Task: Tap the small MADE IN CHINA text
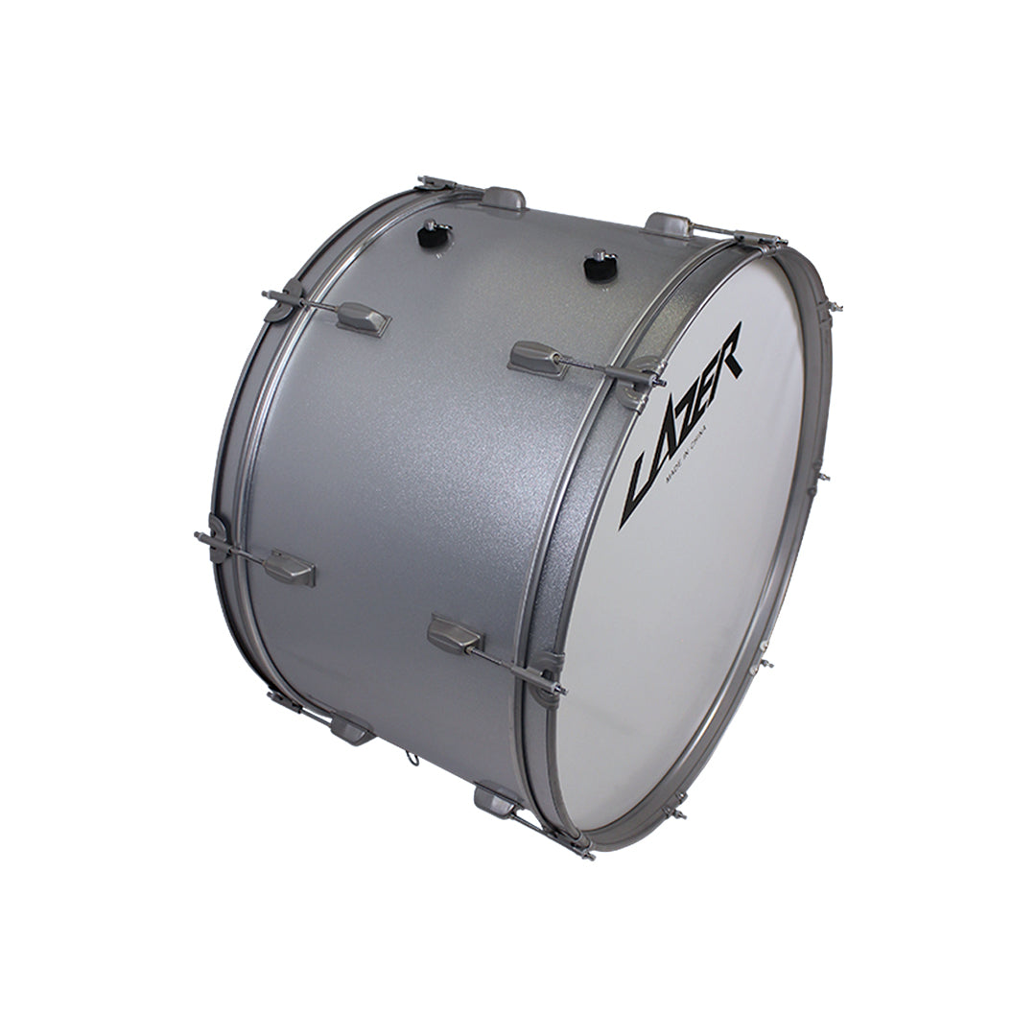point(687,456)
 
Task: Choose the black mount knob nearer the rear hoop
point(436,235)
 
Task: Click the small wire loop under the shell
point(412,759)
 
